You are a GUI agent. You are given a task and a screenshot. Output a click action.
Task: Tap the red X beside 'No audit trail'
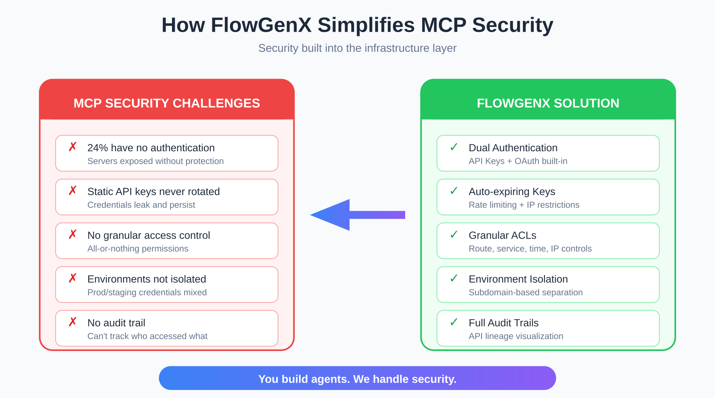pyautogui.click(x=72, y=322)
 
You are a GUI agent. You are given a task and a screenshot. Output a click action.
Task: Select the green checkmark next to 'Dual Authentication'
pyautogui.click(x=454, y=147)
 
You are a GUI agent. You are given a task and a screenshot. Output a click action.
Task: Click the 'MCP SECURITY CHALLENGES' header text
pyautogui.click(x=167, y=103)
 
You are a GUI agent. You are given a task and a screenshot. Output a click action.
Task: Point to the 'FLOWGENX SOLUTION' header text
pyautogui.click(x=548, y=103)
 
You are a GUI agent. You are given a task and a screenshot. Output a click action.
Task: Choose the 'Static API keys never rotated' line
pyautogui.click(x=153, y=191)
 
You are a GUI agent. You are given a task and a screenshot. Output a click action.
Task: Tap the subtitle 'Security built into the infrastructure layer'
pyautogui.click(x=357, y=48)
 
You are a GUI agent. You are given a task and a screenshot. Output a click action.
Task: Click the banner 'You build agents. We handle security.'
pyautogui.click(x=357, y=379)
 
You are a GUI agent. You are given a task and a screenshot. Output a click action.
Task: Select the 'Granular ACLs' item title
pyautogui.click(x=502, y=235)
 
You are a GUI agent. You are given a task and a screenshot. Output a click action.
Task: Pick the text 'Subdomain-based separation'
pyautogui.click(x=525, y=292)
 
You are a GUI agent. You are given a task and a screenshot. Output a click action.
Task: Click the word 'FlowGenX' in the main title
pyautogui.click(x=261, y=25)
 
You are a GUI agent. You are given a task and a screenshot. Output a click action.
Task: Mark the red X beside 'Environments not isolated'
pyautogui.click(x=72, y=278)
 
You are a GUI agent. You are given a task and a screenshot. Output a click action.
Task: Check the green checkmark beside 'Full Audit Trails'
pyautogui.click(x=454, y=322)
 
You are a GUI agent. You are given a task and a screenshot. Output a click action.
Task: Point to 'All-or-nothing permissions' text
pyautogui.click(x=138, y=249)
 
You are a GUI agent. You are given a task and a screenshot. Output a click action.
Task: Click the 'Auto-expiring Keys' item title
pyautogui.click(x=512, y=191)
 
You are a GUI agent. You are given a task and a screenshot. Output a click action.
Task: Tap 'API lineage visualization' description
pyautogui.click(x=516, y=336)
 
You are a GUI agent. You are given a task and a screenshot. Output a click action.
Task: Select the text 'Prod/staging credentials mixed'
pyautogui.click(x=147, y=292)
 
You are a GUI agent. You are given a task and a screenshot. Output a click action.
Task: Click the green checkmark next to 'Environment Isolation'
pyautogui.click(x=454, y=278)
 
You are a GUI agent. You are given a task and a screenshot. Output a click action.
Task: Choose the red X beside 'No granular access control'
pyautogui.click(x=72, y=235)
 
